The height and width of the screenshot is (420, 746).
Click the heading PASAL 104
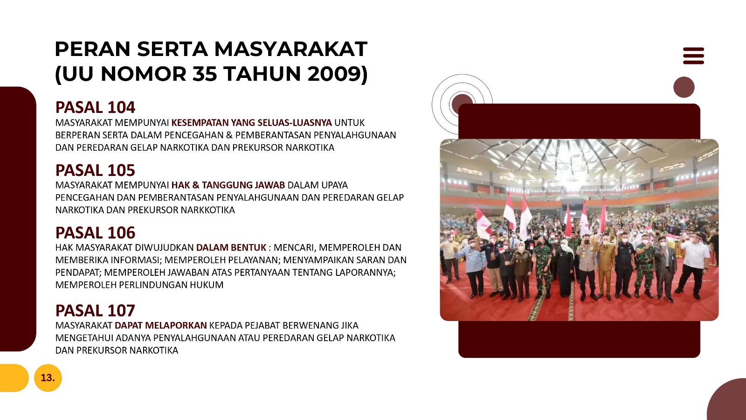[x=95, y=107]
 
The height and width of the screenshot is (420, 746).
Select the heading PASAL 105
[x=95, y=170]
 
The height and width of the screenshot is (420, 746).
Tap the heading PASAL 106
[x=95, y=233]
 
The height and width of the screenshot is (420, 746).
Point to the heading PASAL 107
[x=95, y=311]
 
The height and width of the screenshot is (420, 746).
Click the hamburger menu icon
[x=693, y=56]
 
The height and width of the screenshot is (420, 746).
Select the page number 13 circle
[x=48, y=378]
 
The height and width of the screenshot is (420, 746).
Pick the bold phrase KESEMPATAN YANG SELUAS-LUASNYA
[x=251, y=123]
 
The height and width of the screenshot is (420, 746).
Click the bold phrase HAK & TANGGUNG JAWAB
[x=228, y=185]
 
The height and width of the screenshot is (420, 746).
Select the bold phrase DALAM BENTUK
[x=231, y=248]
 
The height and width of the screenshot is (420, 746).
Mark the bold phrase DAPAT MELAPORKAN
[x=160, y=325]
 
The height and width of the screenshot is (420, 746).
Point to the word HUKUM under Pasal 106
[x=207, y=285]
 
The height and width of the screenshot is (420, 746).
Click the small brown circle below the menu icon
[x=684, y=87]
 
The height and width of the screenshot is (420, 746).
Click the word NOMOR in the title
[x=143, y=74]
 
